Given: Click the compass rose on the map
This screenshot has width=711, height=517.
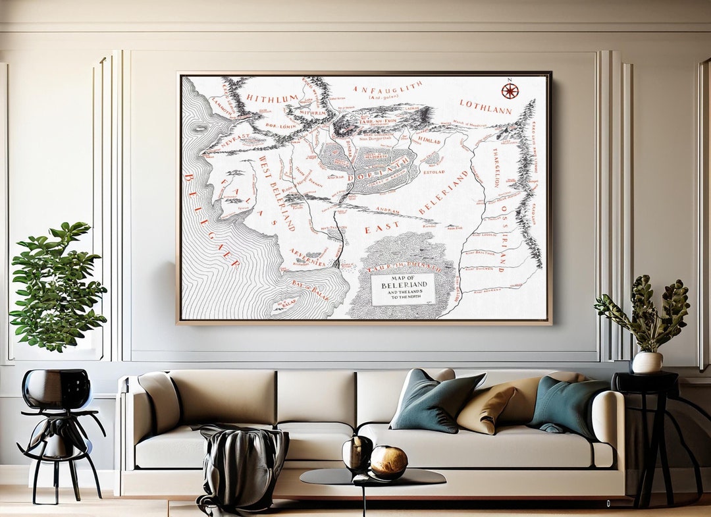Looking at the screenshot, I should tap(510, 91).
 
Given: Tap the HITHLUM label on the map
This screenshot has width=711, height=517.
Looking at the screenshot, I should tap(272, 99).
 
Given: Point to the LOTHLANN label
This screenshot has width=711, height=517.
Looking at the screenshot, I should tap(485, 107).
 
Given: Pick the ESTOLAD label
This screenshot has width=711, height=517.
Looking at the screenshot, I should tap(434, 171).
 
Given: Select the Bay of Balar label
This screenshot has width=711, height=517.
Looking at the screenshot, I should tap(311, 287).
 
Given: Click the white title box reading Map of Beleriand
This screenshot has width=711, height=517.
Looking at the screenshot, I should tap(404, 289).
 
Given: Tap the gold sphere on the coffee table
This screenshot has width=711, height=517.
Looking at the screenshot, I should tap(388, 462).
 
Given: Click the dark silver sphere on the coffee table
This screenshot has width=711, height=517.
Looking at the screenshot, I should tap(357, 452).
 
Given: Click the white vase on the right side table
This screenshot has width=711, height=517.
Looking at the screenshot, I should tap(647, 362).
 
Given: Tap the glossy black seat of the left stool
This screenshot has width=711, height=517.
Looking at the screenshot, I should tap(57, 389).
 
